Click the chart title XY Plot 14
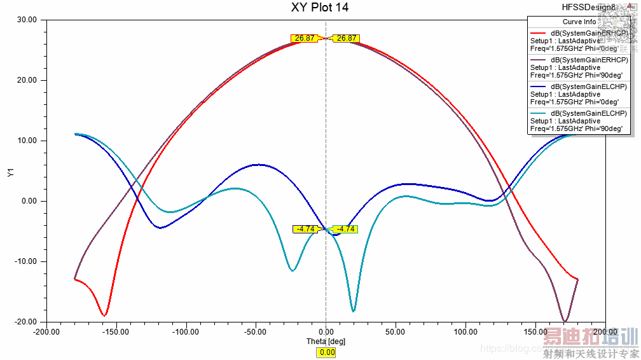click(320, 8)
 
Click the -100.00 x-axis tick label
click(186, 331)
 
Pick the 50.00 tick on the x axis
click(396, 331)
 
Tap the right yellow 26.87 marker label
click(347, 38)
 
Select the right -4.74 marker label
click(345, 229)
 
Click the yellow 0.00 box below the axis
click(327, 352)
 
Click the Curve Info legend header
click(579, 22)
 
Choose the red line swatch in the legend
click(538, 33)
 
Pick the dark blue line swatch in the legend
click(538, 87)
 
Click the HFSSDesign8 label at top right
click(588, 8)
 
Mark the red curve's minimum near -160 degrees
click(104, 315)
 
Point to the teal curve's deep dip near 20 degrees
click(354, 310)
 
